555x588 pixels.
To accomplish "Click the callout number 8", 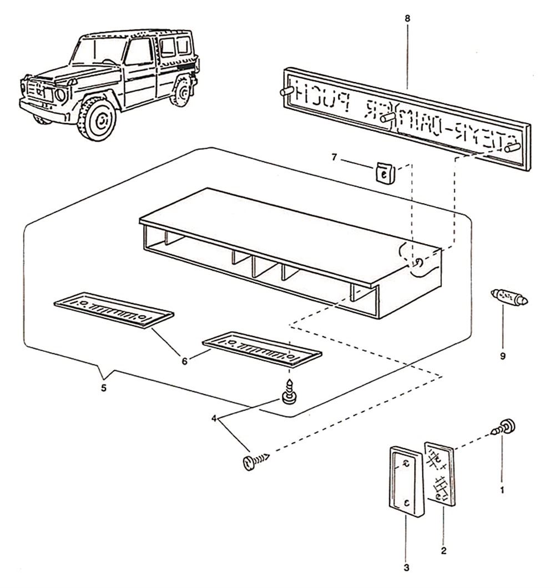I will click(407, 19).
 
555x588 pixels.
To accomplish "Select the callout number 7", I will click(334, 158).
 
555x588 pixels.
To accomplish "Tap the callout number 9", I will click(503, 356).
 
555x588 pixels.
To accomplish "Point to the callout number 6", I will click(185, 360).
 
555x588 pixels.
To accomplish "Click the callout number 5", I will click(104, 388).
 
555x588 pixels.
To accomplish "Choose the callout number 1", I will click(502, 490).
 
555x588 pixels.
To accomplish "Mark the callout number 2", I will click(443, 551).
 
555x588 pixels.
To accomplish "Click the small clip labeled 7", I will click(382, 174).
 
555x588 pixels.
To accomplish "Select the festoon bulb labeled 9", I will click(509, 297).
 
